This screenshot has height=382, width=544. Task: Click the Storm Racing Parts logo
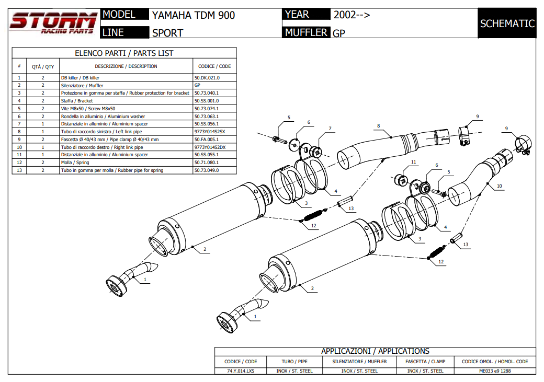pos(52,23)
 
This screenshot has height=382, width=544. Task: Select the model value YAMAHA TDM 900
pos(194,16)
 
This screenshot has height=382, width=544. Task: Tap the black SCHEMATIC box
pos(507,24)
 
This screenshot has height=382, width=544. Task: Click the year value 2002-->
pos(352,15)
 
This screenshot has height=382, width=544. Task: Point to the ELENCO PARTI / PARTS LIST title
pos(124,53)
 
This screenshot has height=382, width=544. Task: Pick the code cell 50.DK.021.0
pos(207,77)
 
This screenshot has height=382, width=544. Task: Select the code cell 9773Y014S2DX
pos(210,147)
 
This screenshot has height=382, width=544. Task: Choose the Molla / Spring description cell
pos(75,163)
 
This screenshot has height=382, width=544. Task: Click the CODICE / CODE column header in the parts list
pos(214,66)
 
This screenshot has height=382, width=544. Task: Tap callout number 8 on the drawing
pos(378,126)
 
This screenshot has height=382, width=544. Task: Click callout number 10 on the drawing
pos(499,186)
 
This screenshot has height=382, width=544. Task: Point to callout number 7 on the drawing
pos(330,129)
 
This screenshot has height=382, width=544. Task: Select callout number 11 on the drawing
pos(414,163)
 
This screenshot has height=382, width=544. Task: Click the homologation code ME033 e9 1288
pos(495,371)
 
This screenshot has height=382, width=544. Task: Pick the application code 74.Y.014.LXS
pos(240,371)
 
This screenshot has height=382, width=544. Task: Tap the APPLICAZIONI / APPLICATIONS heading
pos(375,351)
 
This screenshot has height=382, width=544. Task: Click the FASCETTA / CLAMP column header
pos(425,361)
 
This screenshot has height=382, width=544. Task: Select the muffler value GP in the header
pos(339,33)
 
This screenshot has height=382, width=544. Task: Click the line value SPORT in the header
pos(167,33)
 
